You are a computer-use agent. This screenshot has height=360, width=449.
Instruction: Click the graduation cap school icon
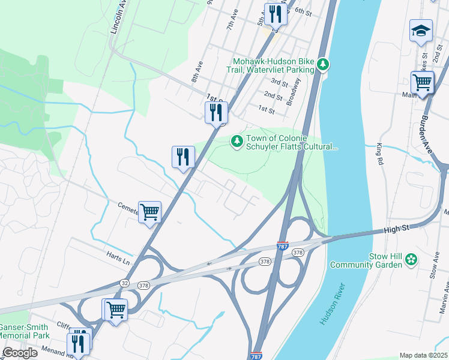[x=421, y=31]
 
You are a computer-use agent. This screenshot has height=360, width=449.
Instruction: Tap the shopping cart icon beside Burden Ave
[x=422, y=82]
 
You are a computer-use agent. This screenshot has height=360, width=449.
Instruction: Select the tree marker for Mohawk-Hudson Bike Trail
[x=323, y=64]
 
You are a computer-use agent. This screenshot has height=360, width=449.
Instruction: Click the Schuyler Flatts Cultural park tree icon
[x=237, y=141]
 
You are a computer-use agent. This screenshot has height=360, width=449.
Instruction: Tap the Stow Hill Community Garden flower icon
[x=411, y=259]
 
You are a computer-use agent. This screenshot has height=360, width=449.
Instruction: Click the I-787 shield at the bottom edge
[x=256, y=355]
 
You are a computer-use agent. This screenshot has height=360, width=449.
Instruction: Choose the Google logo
[x=19, y=353]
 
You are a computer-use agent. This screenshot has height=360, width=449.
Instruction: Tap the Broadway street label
[x=294, y=94]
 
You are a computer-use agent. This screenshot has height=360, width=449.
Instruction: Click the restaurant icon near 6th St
[x=276, y=14]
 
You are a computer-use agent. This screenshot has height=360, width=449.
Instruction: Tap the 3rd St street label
[x=280, y=82]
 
